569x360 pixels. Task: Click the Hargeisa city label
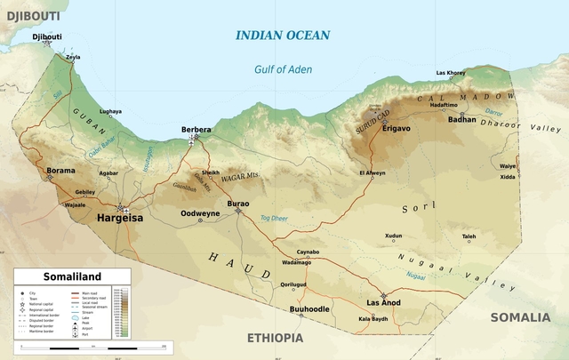119,217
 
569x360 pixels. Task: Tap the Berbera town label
196,130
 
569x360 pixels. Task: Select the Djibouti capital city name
47,36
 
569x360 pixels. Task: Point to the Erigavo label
396,129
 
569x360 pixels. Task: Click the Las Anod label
384,302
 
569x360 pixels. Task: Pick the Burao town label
238,204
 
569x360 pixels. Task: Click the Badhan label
462,119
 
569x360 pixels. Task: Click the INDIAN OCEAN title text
282,36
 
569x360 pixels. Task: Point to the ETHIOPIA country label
274,338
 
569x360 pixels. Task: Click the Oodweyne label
200,213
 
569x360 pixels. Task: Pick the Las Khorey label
450,73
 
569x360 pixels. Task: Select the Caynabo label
308,252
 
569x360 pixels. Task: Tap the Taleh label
469,236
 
